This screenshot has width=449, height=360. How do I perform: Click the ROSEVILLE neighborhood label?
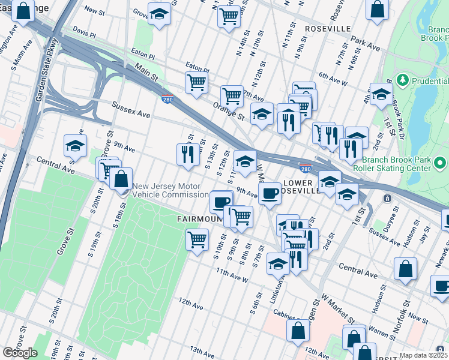tap(328, 29)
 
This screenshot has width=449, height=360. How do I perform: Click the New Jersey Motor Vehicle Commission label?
tap(170, 190)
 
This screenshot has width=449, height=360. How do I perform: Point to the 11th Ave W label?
tap(232, 276)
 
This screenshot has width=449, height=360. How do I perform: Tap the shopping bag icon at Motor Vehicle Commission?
tap(121, 179)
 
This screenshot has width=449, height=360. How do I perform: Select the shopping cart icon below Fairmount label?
tap(197, 240)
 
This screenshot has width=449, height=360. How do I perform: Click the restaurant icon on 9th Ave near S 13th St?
tap(188, 154)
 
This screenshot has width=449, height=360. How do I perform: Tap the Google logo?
tap(20, 353)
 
